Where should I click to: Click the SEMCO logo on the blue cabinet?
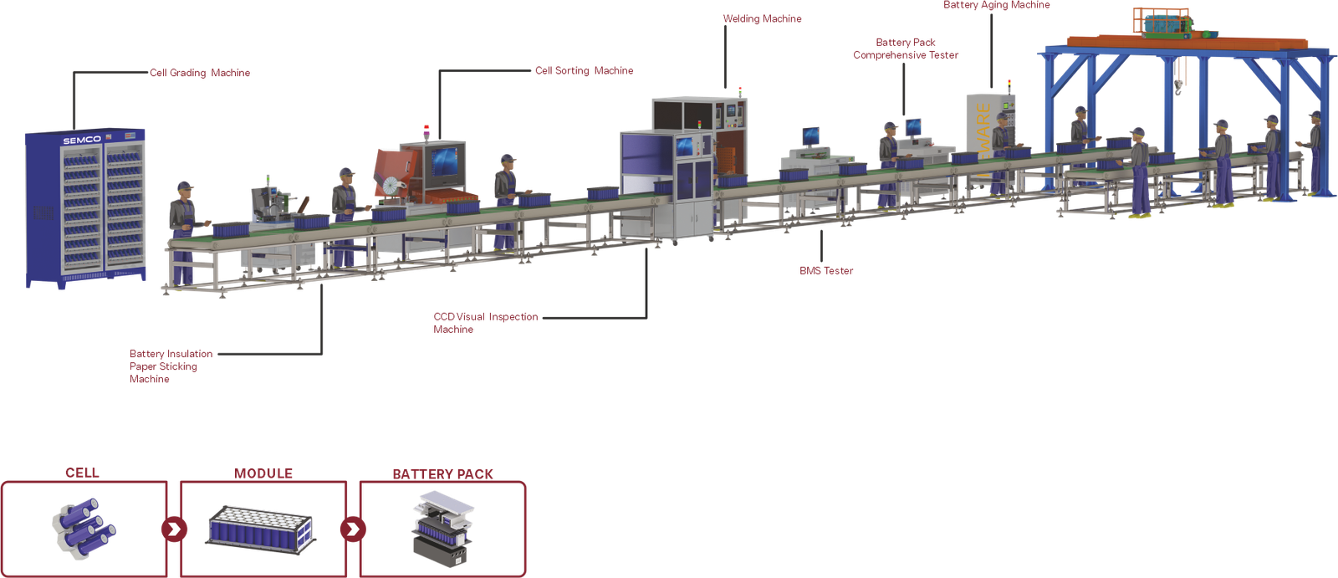[82, 140]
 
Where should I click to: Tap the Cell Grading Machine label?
[200, 73]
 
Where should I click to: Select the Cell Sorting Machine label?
[584, 71]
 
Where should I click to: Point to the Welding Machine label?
[762, 18]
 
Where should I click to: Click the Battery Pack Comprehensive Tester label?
[906, 49]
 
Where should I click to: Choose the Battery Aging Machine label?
[996, 5]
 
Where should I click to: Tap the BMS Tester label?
[826, 271]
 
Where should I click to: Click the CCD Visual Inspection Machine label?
[485, 323]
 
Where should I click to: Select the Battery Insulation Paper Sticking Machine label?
[171, 366]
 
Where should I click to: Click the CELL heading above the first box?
[82, 473]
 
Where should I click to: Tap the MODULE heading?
[263, 473]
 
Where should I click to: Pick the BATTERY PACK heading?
[442, 473]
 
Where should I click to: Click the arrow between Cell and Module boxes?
[174, 529]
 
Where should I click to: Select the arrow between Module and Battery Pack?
[353, 529]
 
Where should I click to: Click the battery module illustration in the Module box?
[261, 527]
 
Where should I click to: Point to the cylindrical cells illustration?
[84, 525]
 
